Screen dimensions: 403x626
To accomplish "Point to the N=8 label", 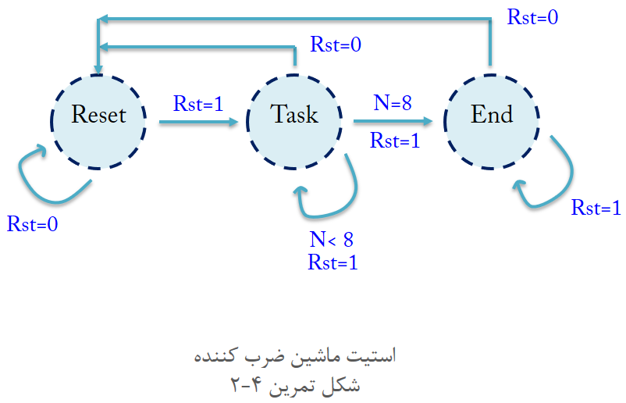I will pos(393,103).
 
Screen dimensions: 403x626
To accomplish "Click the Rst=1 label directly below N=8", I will pos(395,141).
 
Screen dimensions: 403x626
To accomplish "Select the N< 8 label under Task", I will pos(332,240).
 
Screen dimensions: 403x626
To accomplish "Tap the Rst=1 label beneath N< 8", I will pos(333,262).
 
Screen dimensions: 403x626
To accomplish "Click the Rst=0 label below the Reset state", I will pos(33,224).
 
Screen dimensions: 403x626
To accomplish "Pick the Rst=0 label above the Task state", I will pos(336,45).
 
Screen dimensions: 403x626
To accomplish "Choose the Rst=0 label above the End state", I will pos(532,17).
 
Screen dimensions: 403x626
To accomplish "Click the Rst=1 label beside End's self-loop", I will pos(596,208).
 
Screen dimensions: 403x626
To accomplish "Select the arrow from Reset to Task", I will pos(199,122).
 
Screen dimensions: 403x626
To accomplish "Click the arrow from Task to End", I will pos(393,122).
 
